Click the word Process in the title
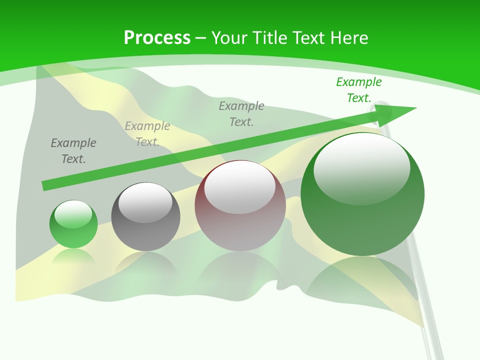[x=157, y=38]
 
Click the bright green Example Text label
[x=358, y=90]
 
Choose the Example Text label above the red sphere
[x=241, y=114]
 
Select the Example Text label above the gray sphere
[x=147, y=134]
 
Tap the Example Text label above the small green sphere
[x=73, y=151]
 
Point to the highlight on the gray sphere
[x=145, y=202]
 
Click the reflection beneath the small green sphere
[x=73, y=256]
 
